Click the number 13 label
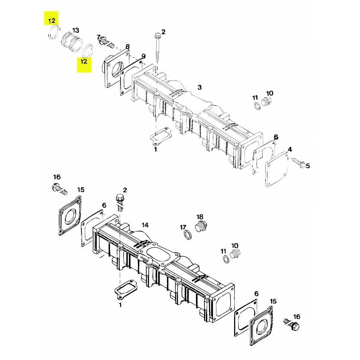tap(76, 30)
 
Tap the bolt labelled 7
tap(106, 42)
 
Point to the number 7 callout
tap(98, 37)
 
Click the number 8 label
tap(128, 46)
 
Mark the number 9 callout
tap(143, 56)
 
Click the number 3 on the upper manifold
tap(199, 87)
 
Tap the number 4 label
tap(290, 149)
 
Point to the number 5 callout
tap(308, 166)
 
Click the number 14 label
tap(145, 225)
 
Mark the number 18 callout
tap(199, 216)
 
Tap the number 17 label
tap(183, 227)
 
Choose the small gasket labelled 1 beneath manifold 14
tap(125, 289)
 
